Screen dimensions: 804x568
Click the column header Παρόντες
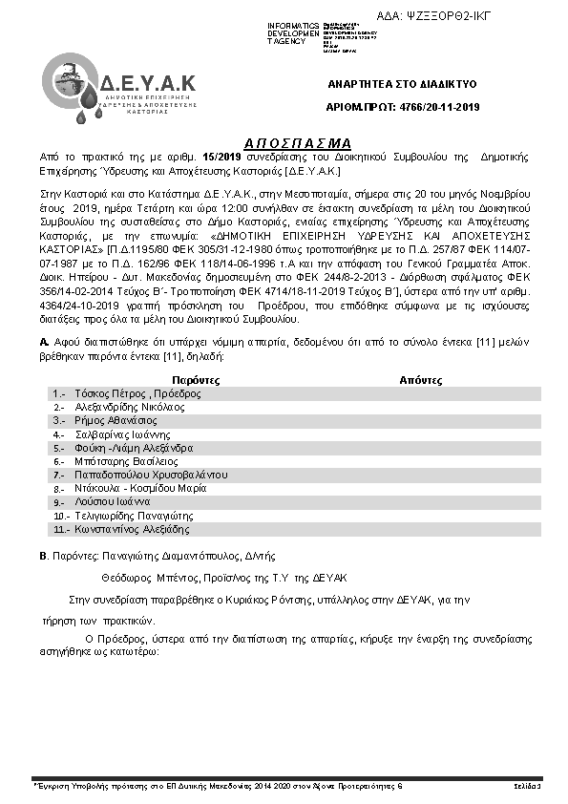pyautogui.click(x=167, y=379)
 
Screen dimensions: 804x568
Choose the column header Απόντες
pyautogui.click(x=421, y=379)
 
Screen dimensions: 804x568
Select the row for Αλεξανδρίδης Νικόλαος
pyautogui.click(x=123, y=407)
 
